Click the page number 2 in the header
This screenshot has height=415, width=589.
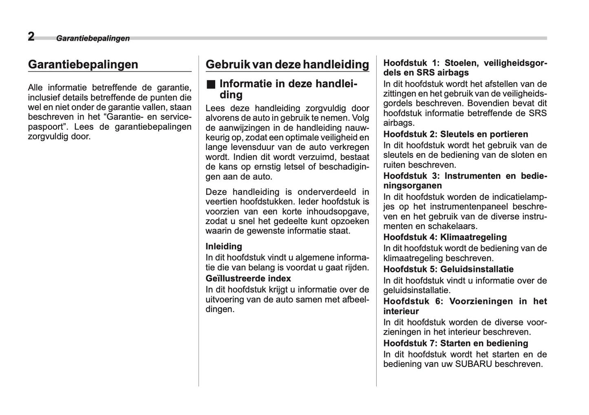[31, 37]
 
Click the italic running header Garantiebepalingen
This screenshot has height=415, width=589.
[93, 38]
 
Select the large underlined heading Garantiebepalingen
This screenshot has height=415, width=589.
[83, 64]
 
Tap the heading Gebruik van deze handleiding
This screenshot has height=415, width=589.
[287, 64]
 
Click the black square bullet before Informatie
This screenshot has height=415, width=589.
[210, 84]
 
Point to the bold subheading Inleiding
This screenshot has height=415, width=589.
[224, 246]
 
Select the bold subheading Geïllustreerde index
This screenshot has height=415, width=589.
[248, 278]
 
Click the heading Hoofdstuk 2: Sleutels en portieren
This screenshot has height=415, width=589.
[455, 134]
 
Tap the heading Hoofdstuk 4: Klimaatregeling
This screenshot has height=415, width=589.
[445, 237]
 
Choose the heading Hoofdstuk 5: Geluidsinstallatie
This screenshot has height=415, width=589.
[448, 269]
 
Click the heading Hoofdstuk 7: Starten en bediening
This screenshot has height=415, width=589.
[455, 343]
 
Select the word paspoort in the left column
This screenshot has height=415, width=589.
[44, 127]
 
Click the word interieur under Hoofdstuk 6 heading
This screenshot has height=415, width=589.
[401, 311]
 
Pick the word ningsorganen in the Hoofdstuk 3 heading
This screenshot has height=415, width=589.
[413, 186]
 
